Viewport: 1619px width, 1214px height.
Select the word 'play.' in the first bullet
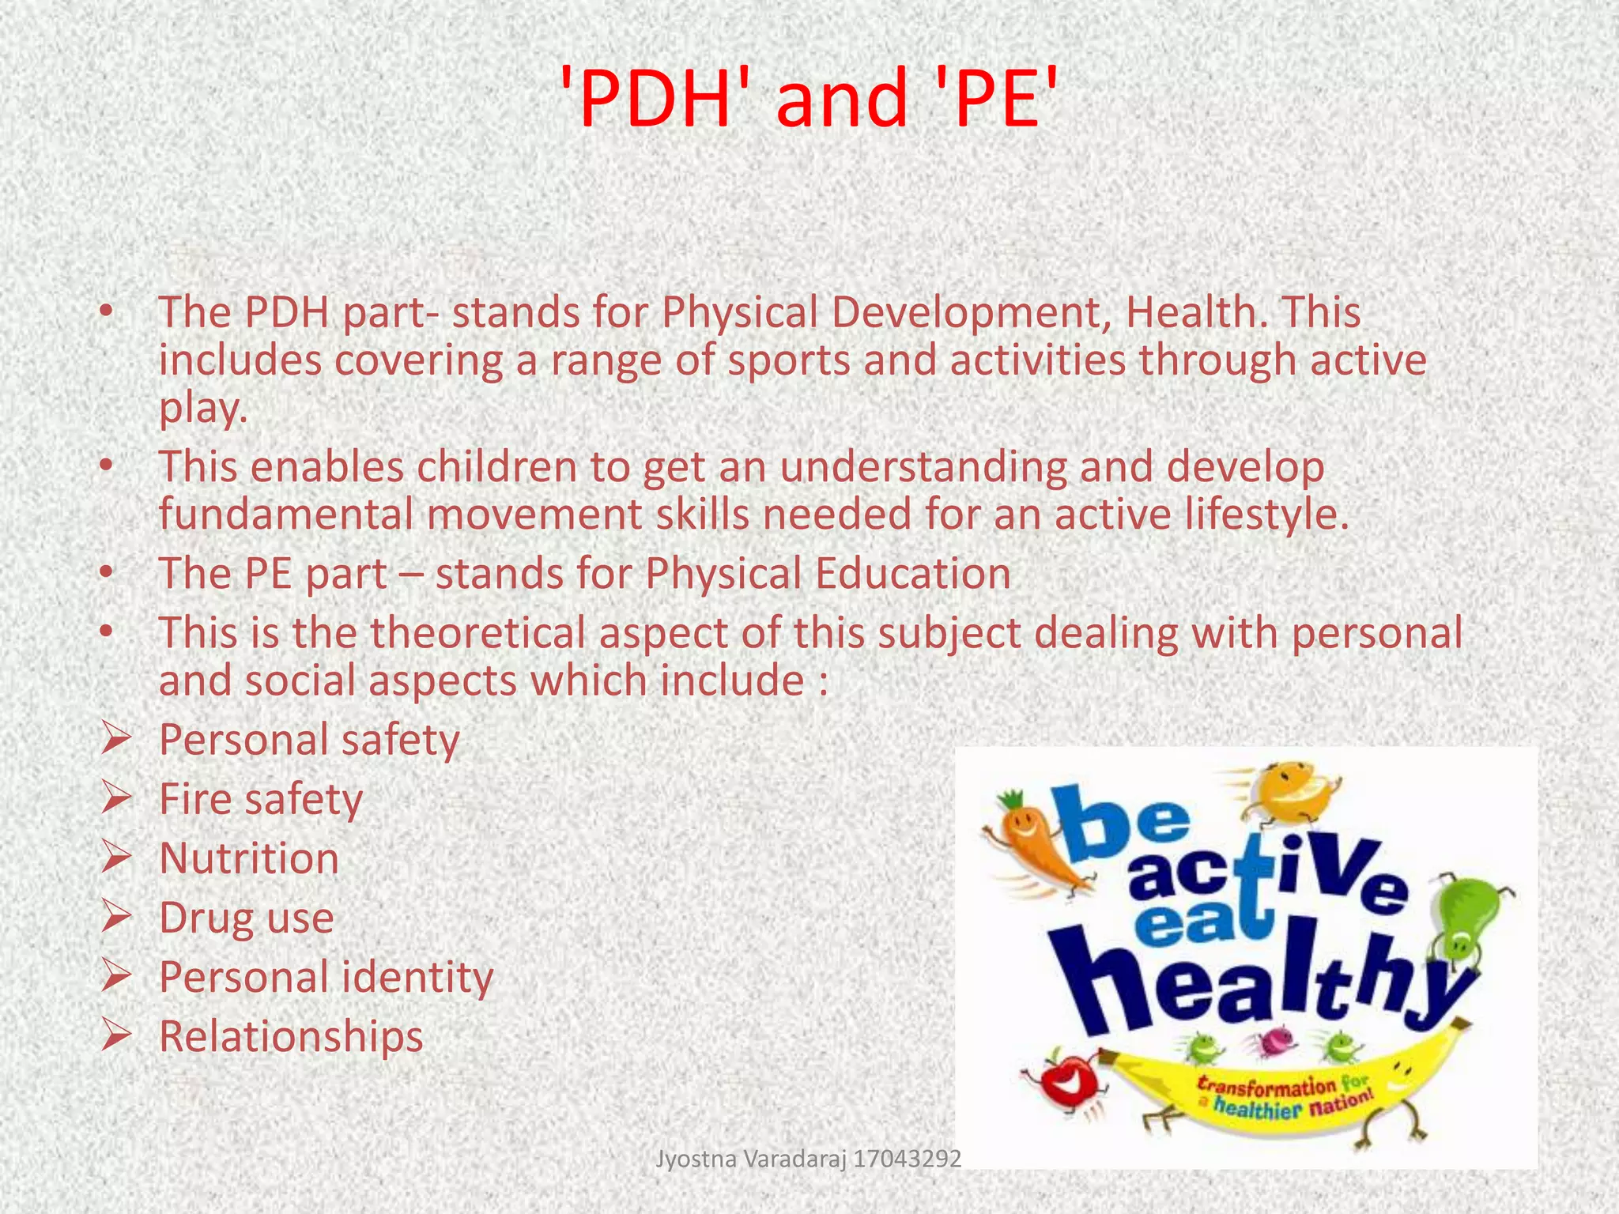[203, 409]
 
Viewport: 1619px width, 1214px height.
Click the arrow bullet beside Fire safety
[116, 799]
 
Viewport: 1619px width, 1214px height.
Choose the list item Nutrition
[249, 858]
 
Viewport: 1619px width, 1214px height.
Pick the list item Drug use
[247, 918]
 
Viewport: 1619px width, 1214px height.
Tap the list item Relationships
[291, 1036]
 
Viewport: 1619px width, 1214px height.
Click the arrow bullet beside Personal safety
[116, 740]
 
